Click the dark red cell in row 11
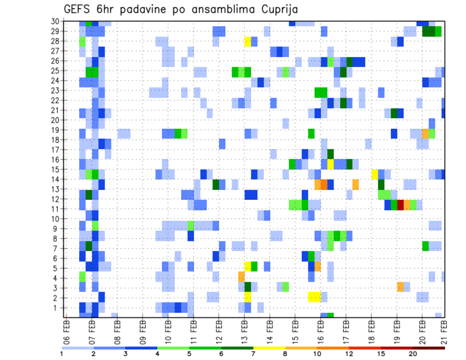pos(400,205)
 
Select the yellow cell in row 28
pos(248,41)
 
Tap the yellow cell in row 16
pos(331,164)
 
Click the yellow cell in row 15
pos(375,174)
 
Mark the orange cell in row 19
pos(426,133)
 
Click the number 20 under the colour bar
pos(413,353)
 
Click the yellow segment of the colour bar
pos(269,347)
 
